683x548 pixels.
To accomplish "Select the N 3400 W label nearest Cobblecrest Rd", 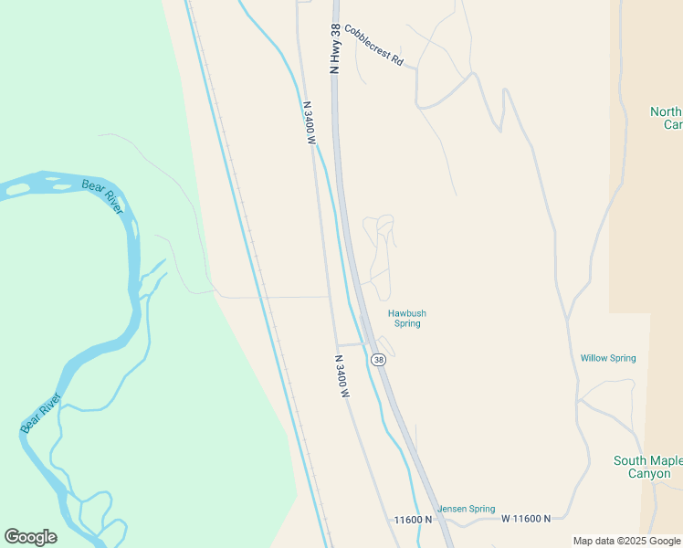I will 309,123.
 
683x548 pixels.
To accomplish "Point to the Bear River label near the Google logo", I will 40,412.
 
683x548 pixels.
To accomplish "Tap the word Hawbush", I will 407,313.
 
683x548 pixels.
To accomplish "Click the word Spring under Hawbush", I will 407,324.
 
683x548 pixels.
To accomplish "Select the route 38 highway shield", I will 379,361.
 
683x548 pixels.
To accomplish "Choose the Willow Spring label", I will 608,358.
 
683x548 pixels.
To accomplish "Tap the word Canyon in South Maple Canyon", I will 649,473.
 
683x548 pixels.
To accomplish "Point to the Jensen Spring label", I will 467,509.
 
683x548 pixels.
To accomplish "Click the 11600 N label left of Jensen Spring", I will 412,520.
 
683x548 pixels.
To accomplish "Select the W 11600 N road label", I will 526,518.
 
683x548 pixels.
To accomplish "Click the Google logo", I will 30,537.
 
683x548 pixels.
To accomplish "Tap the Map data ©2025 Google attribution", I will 627,541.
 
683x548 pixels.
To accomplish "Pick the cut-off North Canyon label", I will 666,118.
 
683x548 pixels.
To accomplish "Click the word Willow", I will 594,358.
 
